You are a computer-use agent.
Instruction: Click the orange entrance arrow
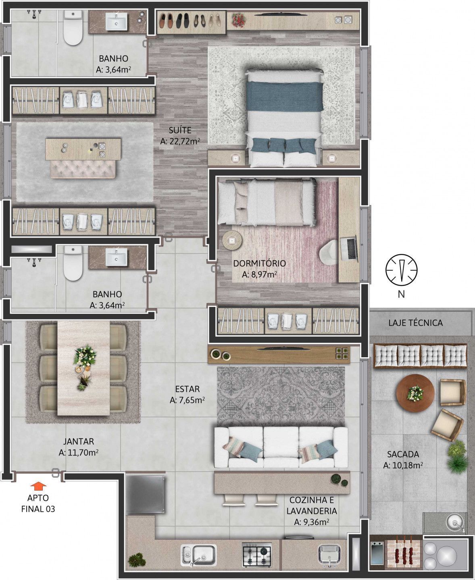pos(38,486)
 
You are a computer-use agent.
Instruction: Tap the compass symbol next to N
pos(401,270)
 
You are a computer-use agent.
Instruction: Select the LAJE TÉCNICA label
pos(415,323)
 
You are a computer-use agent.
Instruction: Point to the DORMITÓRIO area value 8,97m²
pos(259,274)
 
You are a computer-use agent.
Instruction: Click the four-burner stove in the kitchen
pos(256,554)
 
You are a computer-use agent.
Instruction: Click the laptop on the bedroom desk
pos(349,249)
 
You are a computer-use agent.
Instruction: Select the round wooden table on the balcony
pos(415,393)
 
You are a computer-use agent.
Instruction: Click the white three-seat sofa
pos(281,447)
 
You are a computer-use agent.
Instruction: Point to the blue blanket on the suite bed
pos(284,96)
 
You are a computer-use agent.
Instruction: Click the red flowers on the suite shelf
pos(239,20)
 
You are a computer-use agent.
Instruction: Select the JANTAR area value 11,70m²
pos(79,453)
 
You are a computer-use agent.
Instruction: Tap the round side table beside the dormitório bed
pos(232,240)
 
